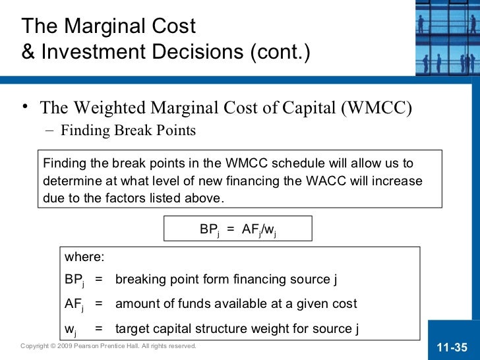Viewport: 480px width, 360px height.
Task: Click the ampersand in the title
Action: click(x=28, y=51)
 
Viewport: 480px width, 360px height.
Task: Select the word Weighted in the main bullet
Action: click(x=110, y=107)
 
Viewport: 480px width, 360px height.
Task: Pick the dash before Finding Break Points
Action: click(x=51, y=131)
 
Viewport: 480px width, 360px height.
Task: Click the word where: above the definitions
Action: click(x=84, y=257)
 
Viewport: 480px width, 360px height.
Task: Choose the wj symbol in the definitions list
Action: click(x=70, y=329)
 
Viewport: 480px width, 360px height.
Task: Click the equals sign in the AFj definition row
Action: click(x=98, y=304)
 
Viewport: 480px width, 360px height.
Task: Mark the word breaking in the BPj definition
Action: click(x=138, y=280)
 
